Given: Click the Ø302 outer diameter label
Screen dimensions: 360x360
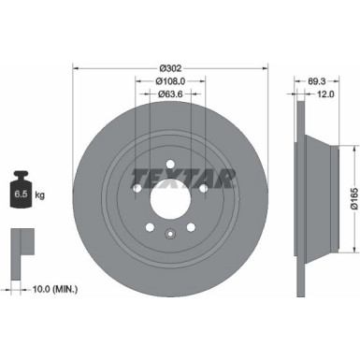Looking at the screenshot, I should pos(169,67).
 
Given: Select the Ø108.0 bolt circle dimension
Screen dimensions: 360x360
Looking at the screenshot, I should pos(169,80).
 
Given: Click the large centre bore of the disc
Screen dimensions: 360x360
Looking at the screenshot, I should pos(169,198).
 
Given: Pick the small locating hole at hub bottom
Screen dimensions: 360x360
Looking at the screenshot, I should pos(169,234).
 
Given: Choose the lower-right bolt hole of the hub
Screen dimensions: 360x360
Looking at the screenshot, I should pos(191,228).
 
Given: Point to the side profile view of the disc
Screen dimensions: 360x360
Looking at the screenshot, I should pos(305,198).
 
